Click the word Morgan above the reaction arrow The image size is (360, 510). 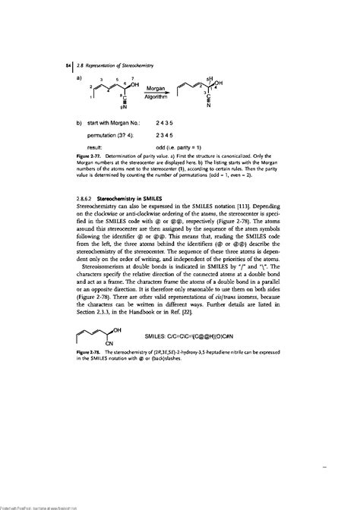pyautogui.click(x=156, y=89)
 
